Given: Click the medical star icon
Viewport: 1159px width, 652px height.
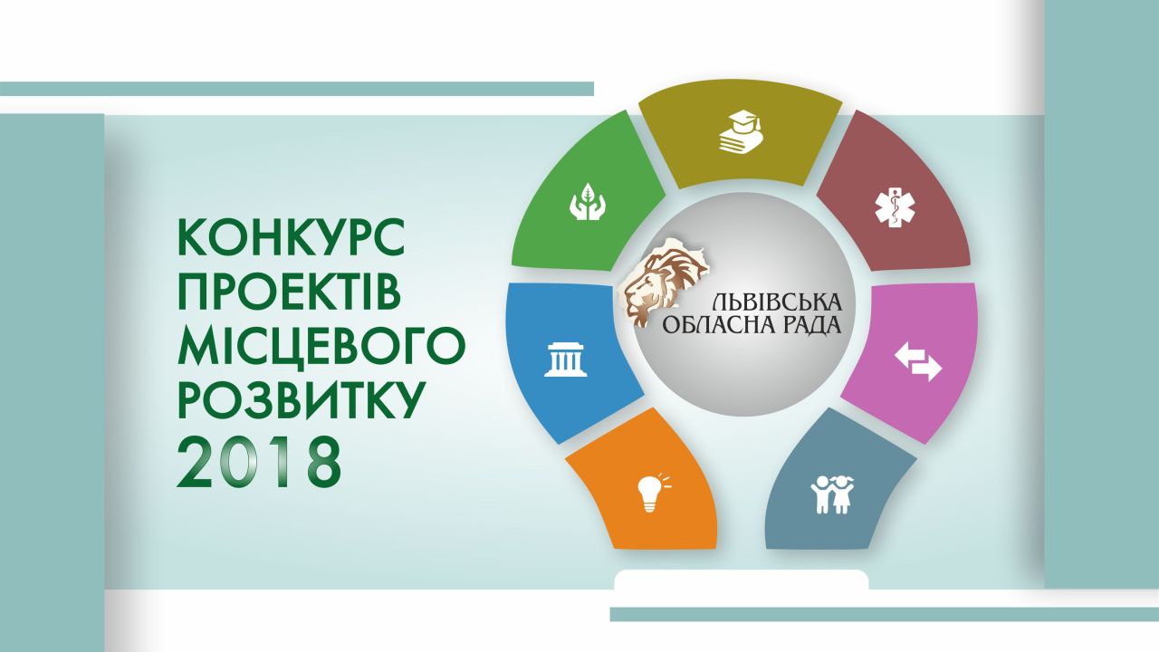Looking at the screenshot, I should (895, 206).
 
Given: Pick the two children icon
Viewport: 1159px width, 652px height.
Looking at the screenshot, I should (831, 494).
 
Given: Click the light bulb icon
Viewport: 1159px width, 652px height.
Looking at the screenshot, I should (649, 491).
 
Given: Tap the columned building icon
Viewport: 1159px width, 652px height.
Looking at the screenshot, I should (564, 360).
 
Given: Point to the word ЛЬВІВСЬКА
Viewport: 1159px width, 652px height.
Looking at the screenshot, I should (776, 302).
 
